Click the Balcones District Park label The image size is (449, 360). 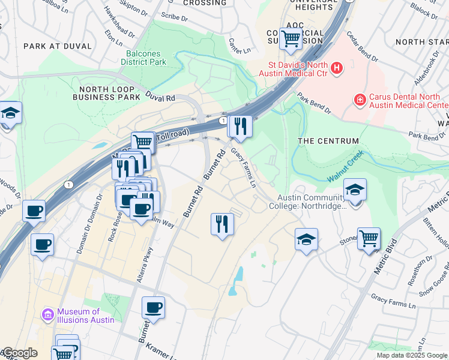click(x=143, y=58)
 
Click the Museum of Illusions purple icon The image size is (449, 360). click(x=47, y=314)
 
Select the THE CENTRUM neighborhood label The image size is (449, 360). click(x=328, y=141)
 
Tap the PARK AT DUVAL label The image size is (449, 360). click(x=58, y=46)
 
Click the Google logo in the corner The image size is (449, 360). click(x=19, y=353)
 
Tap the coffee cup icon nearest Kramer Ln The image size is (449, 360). click(x=153, y=307)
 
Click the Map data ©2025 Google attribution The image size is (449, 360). click(x=412, y=355)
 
